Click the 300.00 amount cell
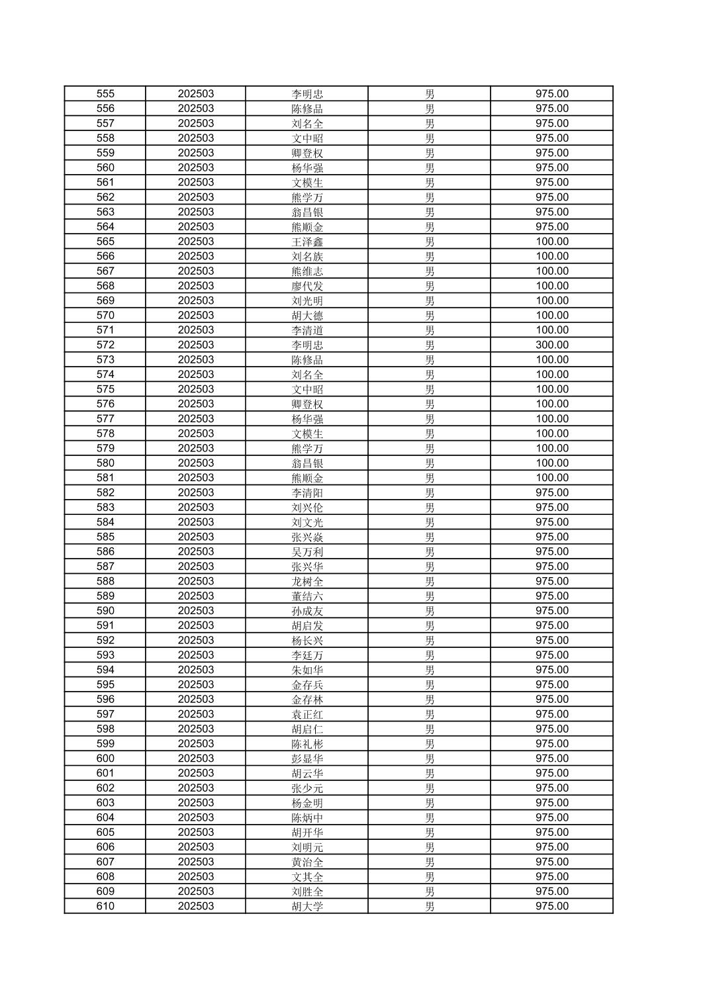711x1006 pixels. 551,345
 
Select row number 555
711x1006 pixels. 105,94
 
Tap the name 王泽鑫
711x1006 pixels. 307,242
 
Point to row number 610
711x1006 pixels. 105,906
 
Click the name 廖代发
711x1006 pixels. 307,286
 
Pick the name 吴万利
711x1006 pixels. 307,552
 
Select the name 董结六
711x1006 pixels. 307,596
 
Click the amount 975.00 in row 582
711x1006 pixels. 551,492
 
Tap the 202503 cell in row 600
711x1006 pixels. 195,758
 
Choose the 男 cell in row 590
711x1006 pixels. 430,611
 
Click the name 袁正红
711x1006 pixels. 307,714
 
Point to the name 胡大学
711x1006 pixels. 307,906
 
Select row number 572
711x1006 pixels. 105,345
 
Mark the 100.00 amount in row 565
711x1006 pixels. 551,242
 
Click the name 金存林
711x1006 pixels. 307,700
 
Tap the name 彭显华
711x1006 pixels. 307,758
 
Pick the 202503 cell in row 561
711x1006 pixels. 195,182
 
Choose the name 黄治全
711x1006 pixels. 307,862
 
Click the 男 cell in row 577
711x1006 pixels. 430,419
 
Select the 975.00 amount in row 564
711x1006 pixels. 551,226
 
